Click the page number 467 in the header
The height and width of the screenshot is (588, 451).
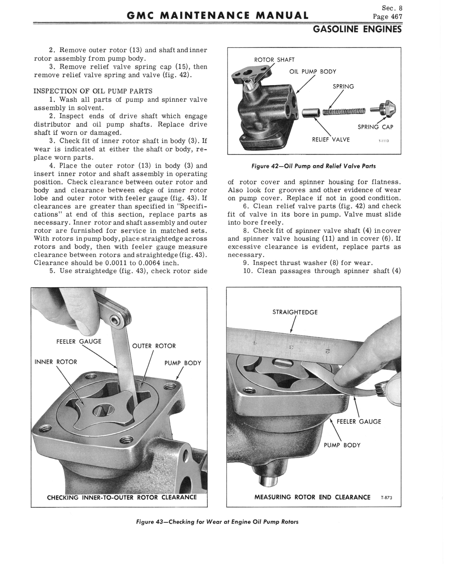tap(396, 17)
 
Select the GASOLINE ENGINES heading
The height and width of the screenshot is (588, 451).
tap(357, 29)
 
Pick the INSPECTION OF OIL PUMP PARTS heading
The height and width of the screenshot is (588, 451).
tap(93, 91)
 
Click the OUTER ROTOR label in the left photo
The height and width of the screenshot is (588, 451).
tap(154, 346)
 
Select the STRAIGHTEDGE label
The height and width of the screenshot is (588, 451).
tap(295, 312)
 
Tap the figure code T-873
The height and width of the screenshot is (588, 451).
tap(387, 498)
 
